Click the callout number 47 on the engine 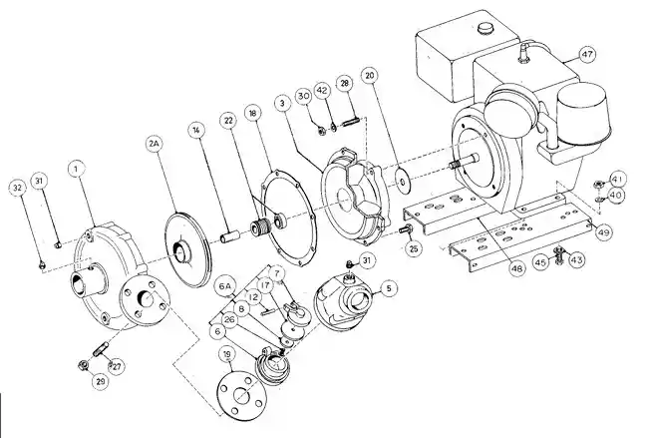tap(586, 53)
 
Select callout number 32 tap(17, 187)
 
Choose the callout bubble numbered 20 tap(369, 75)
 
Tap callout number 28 tap(344, 84)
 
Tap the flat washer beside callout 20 tap(401, 181)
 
